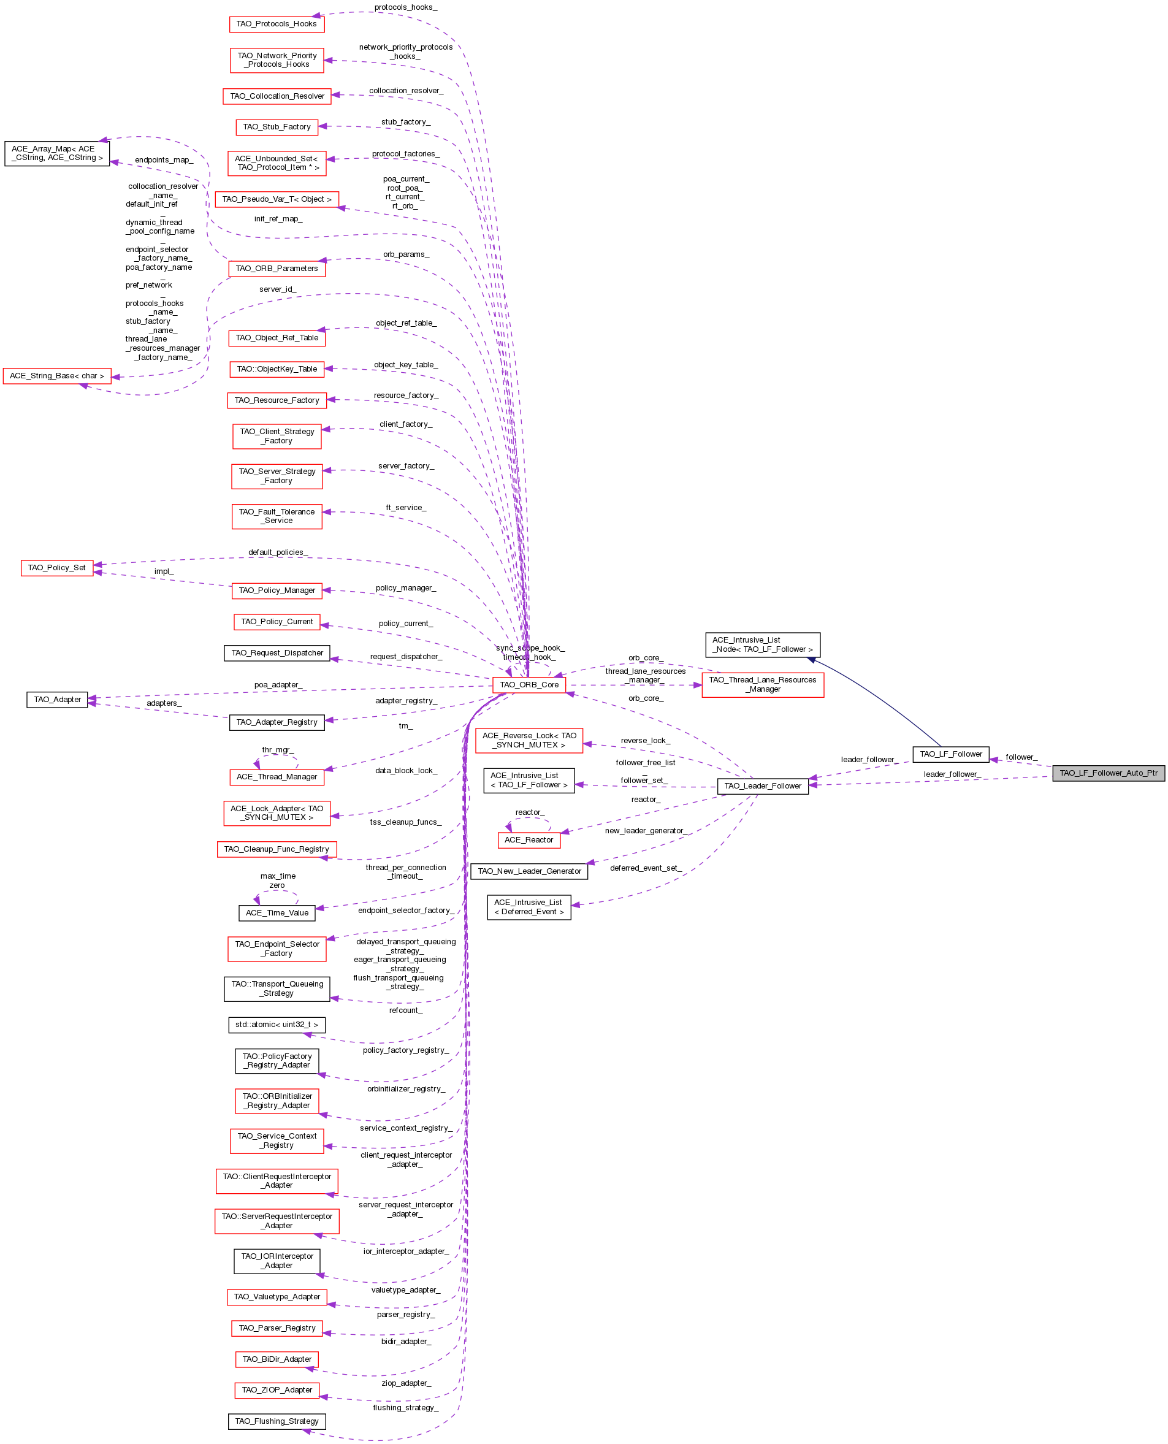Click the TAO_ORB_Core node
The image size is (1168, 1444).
(x=529, y=684)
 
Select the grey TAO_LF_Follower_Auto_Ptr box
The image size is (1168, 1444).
(x=1108, y=773)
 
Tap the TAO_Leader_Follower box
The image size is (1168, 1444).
(x=762, y=785)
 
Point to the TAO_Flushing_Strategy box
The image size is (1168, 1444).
(x=277, y=1421)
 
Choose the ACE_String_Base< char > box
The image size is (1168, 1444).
(x=56, y=375)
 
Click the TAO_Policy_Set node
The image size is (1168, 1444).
(x=56, y=567)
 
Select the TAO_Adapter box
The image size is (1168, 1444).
(x=56, y=699)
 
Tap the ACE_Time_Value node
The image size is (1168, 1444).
(x=277, y=912)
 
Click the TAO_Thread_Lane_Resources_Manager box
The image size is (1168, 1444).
(x=762, y=684)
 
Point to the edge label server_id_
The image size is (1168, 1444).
(x=277, y=289)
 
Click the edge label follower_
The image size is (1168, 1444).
(x=1021, y=757)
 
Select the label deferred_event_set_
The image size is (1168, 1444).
(x=645, y=868)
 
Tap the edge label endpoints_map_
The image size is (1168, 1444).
(x=164, y=160)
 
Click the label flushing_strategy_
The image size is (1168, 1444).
(x=405, y=1408)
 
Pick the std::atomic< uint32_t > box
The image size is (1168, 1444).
(x=277, y=1024)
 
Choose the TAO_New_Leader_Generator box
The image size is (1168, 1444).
(x=529, y=871)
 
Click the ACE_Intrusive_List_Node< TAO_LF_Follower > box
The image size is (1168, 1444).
(x=762, y=644)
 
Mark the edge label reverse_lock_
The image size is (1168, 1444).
(x=644, y=740)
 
